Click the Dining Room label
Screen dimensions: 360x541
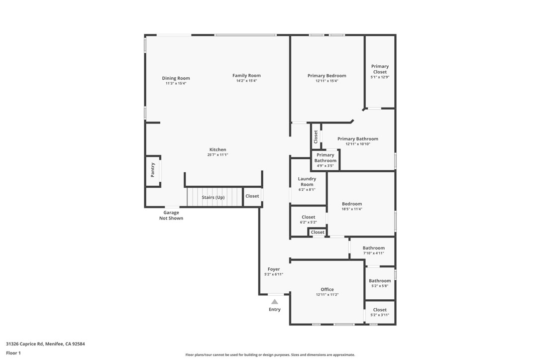tap(176, 78)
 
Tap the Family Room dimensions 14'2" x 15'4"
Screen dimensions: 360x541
tap(246, 81)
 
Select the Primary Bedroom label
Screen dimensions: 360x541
tap(326, 76)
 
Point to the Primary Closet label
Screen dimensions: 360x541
tap(380, 69)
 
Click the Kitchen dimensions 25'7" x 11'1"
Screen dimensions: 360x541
tap(217, 155)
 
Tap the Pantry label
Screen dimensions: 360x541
tap(153, 170)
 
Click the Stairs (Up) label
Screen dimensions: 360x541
tap(213, 197)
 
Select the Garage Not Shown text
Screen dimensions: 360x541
tap(171, 215)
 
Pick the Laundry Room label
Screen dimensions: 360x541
tap(307, 181)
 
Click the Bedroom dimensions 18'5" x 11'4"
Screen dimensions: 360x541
tap(351, 209)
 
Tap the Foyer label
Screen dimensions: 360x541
tap(273, 269)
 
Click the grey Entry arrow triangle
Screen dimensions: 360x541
tap(274, 301)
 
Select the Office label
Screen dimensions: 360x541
tap(327, 289)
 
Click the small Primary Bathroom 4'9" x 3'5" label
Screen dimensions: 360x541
tap(325, 158)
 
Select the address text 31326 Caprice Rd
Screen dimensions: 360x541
tap(25, 344)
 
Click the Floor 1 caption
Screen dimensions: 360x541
tap(13, 353)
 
